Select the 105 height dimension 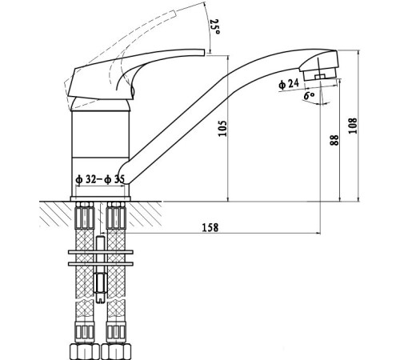point(223,128)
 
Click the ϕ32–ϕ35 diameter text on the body point(99,180)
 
